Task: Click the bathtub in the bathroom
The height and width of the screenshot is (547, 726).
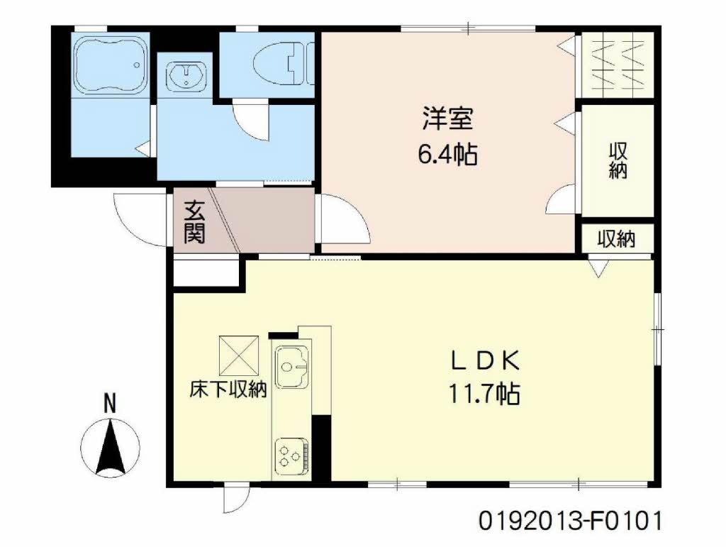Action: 110,65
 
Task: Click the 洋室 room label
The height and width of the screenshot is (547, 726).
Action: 447,118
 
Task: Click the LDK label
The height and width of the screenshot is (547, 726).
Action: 485,361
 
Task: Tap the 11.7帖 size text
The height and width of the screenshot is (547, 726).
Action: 484,394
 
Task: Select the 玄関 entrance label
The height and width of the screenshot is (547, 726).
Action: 194,222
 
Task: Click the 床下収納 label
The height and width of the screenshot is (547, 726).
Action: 228,389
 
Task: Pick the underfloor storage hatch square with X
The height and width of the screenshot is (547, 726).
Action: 239,355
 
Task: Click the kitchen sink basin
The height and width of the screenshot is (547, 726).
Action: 292,366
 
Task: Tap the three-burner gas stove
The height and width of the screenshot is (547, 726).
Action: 292,455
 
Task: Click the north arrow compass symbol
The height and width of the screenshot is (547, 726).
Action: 110,448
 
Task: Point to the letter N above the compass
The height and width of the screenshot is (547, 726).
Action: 109,404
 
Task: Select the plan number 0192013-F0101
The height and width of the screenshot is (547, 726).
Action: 570,521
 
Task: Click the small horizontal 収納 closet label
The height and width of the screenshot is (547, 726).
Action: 616,240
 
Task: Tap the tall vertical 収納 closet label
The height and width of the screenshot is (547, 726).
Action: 618,160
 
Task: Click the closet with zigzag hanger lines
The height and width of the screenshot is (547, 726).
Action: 618,65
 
